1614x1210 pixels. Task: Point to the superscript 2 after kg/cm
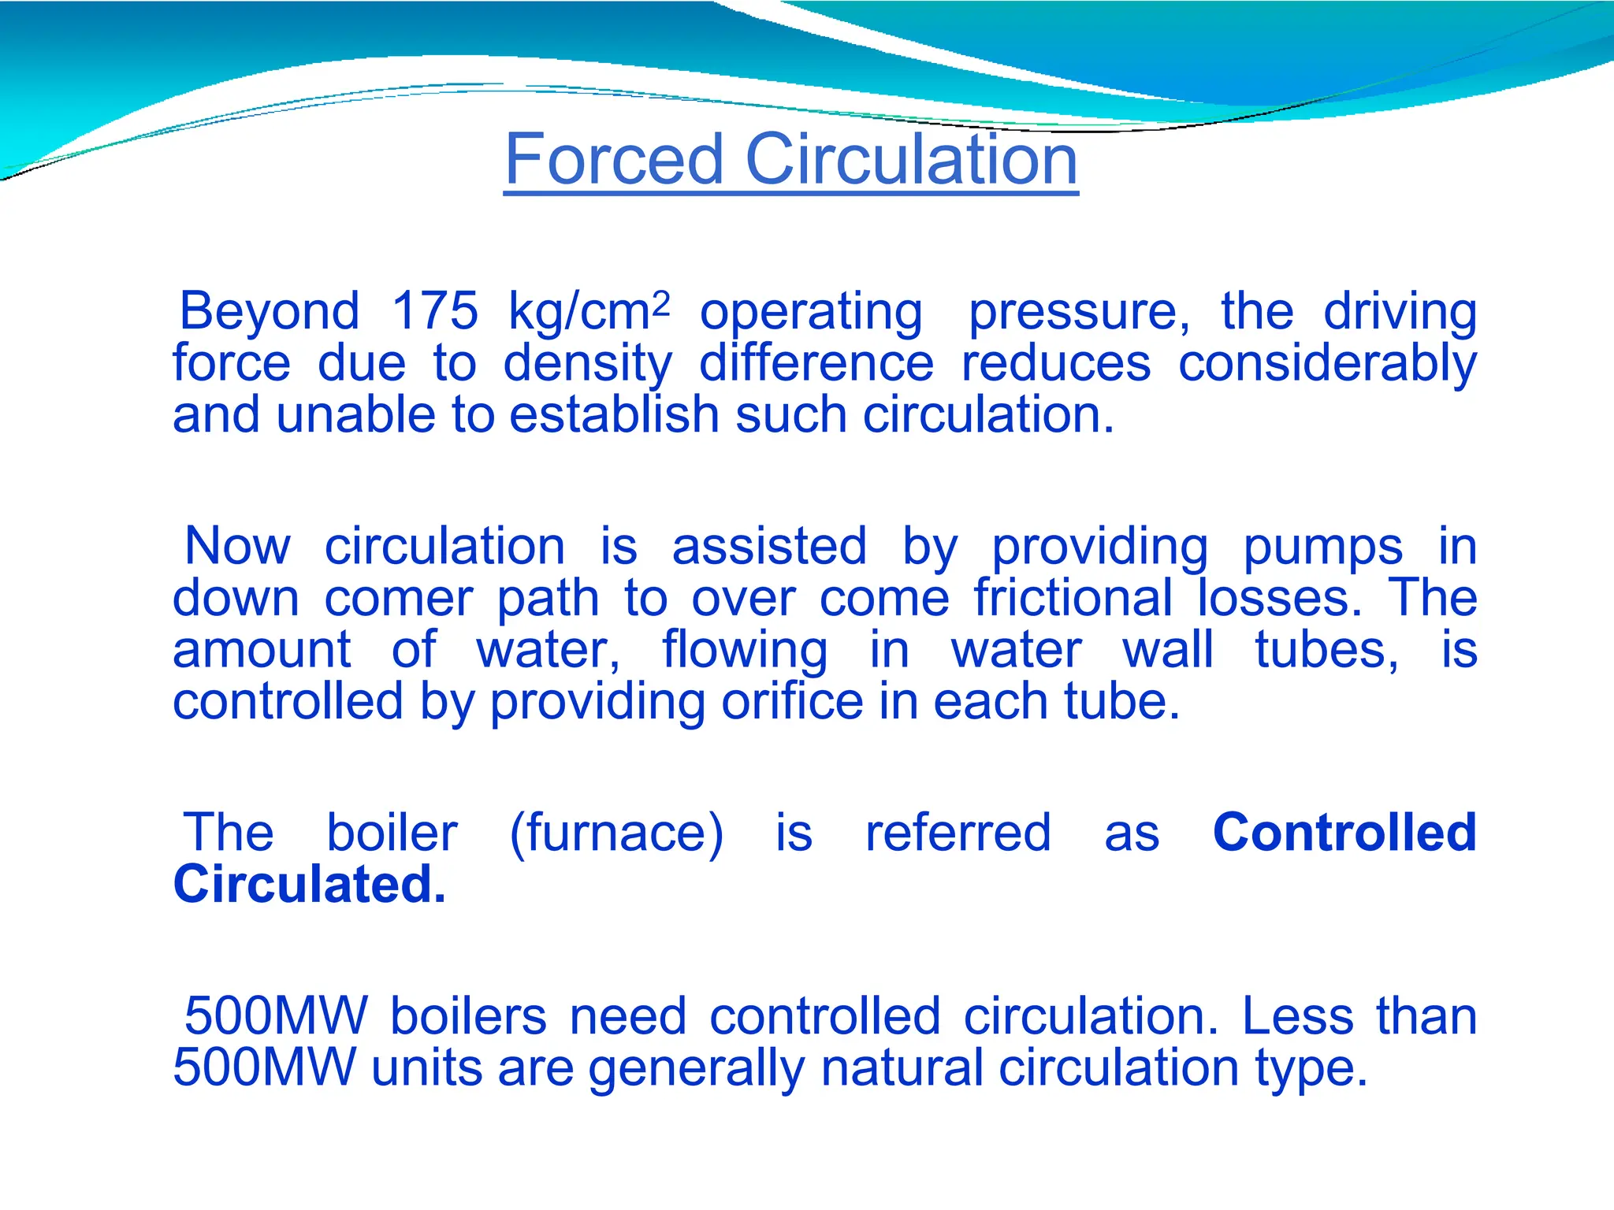(x=661, y=302)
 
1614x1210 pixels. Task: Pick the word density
(x=588, y=364)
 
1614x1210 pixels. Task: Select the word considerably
(x=1327, y=364)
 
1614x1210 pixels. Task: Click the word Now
(x=237, y=546)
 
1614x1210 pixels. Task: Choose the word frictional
(x=1073, y=598)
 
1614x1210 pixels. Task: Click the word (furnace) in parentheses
(x=616, y=833)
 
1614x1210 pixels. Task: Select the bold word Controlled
(x=1344, y=832)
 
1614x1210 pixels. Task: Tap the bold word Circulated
(x=309, y=884)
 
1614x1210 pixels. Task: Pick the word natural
(x=902, y=1068)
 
